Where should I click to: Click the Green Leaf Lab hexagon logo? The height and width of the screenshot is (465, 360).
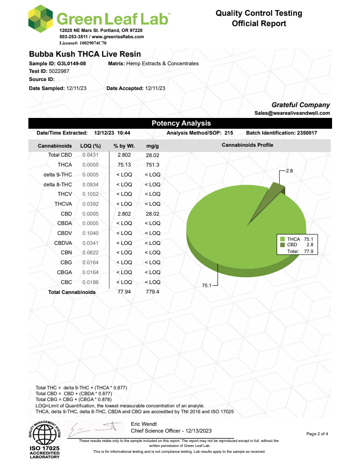[40, 20]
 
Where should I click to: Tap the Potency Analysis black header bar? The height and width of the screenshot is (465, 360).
[180, 123]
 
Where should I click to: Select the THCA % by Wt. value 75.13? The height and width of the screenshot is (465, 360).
[124, 165]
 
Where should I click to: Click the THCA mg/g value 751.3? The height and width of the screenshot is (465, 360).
[152, 165]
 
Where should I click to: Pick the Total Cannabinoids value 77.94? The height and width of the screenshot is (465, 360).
[124, 292]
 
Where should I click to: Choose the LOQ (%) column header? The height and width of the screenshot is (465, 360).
[90, 146]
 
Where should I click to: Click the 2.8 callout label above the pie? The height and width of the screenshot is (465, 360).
[290, 171]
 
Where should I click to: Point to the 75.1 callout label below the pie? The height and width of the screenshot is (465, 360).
[207, 285]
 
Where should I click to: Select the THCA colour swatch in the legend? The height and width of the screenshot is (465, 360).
[283, 239]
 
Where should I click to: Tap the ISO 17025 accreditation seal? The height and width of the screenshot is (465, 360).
[45, 439]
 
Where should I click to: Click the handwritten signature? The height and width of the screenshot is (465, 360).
[95, 430]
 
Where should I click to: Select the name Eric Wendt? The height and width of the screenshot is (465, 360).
[144, 424]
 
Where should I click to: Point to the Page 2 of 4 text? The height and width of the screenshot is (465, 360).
[317, 434]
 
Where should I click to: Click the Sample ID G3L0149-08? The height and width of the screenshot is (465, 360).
[71, 63]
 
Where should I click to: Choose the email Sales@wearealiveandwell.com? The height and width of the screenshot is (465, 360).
[292, 113]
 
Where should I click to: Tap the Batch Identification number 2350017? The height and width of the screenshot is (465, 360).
[310, 133]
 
